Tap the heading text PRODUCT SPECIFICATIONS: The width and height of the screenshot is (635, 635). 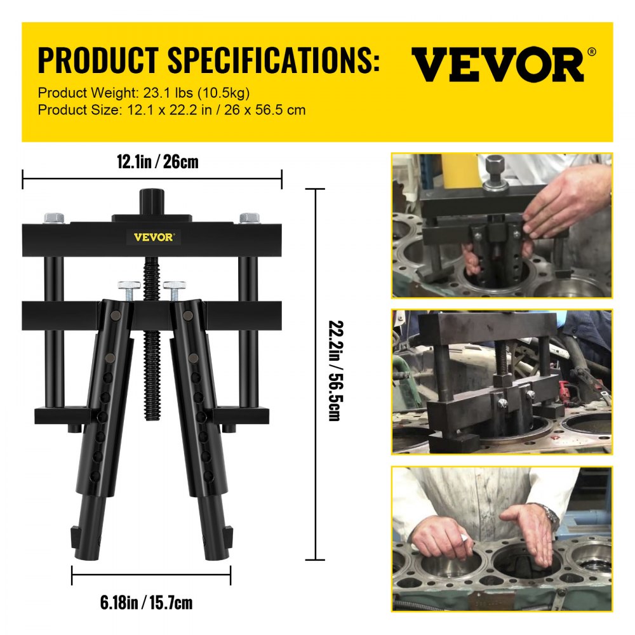209,61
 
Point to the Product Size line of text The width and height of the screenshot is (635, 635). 171,110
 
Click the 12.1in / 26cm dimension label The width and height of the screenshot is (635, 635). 157,162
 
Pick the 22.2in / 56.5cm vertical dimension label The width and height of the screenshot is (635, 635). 333,375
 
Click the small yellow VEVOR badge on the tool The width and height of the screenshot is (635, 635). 152,237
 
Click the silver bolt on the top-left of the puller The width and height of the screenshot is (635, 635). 55,218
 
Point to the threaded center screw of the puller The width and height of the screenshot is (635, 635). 152,356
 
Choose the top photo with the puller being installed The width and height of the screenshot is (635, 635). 502,225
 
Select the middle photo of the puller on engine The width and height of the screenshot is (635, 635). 502,382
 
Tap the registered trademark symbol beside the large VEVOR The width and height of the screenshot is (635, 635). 592,52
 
